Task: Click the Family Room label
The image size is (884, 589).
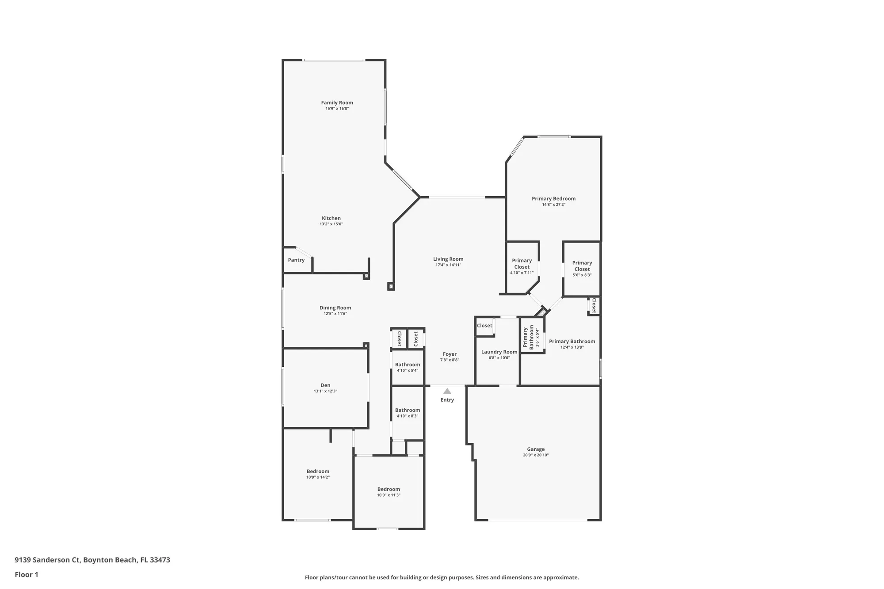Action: coord(337,103)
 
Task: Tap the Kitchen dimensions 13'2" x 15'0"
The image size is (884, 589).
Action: coord(331,224)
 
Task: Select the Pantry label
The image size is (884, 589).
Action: coord(296,260)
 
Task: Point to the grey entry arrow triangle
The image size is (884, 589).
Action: coord(447,391)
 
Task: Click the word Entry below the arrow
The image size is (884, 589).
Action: coord(447,400)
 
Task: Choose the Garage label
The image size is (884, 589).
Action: coord(536,449)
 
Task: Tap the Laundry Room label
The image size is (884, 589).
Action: coord(499,352)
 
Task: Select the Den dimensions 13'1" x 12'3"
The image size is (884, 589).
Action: coord(325,391)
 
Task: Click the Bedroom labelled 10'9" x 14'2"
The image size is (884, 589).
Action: coord(318,471)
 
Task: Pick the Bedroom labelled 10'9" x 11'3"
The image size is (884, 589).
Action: coord(389,489)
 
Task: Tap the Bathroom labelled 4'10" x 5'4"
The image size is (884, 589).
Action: coord(408,365)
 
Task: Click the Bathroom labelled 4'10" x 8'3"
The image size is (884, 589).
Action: coord(408,410)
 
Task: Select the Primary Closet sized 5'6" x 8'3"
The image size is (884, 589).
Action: coord(582,266)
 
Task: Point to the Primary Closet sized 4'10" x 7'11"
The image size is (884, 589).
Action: coord(522,264)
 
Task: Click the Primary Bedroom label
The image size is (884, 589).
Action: coord(553,198)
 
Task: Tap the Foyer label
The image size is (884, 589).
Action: coord(450,354)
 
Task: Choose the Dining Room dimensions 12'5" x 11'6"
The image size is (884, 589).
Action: coord(335,314)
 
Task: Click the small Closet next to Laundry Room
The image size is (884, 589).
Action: coord(484,326)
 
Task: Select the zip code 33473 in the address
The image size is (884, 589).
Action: coord(160,560)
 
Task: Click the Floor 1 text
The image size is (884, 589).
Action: coord(27,574)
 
